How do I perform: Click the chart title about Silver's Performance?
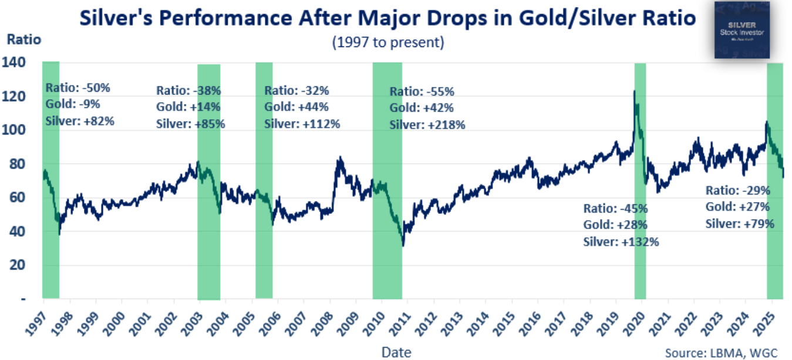coord(388,18)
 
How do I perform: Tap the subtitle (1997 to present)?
coord(388,42)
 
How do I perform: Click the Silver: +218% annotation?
coord(427,125)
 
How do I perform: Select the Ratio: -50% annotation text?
coord(77,88)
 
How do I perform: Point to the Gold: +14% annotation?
coord(188,107)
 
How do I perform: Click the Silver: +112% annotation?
coord(302,123)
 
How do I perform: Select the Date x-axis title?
coord(396,352)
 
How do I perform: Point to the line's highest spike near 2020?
coord(634,91)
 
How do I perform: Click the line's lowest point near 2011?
coord(403,245)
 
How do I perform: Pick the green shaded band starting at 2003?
coord(208,182)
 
